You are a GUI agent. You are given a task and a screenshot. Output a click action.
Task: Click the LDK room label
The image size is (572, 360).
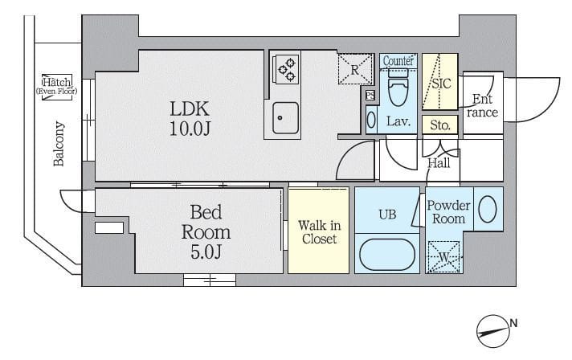click(190, 108)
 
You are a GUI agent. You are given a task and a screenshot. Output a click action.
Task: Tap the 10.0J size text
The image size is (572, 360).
click(190, 128)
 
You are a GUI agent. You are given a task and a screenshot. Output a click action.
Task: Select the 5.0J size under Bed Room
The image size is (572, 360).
click(206, 252)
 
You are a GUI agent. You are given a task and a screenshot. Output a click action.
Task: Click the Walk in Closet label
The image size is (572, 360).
click(319, 232)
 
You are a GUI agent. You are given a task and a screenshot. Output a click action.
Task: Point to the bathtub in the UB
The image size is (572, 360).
click(387, 254)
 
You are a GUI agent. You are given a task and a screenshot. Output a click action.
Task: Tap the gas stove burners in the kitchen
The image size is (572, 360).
click(286, 69)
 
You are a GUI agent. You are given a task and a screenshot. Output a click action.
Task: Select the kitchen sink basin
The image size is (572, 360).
click(286, 117)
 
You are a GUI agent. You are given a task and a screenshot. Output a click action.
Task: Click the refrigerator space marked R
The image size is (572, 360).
click(355, 69)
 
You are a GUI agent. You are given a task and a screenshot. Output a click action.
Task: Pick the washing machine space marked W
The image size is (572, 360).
click(444, 257)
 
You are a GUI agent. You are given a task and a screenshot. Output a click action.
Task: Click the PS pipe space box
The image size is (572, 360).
click(370, 96)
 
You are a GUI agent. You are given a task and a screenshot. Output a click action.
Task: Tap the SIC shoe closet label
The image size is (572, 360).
click(441, 84)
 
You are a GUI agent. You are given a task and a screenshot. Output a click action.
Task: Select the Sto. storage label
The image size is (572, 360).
click(440, 125)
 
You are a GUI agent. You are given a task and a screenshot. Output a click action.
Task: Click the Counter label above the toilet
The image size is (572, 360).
click(398, 61)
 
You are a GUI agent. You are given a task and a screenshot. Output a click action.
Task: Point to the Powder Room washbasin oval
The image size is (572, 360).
click(488, 209)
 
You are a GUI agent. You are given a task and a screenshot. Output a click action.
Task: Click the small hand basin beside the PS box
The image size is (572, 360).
click(371, 120)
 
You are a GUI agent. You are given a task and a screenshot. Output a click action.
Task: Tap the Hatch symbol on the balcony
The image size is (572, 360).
click(56, 87)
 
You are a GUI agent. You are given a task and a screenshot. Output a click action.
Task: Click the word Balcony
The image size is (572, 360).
click(59, 144)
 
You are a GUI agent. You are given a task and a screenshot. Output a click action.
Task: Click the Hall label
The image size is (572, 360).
click(439, 162)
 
